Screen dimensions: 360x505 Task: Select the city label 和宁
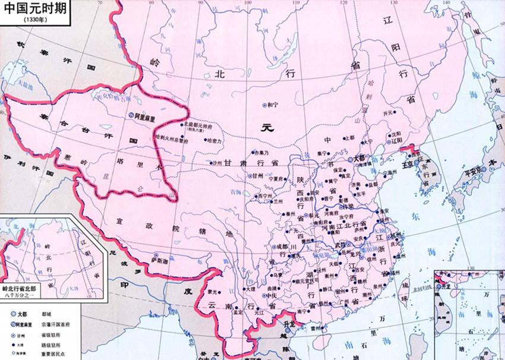tap(273, 105)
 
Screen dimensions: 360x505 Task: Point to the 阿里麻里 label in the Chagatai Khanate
tap(143, 118)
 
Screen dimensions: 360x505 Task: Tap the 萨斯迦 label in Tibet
tap(160, 260)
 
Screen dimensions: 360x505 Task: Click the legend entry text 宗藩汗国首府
tap(57, 324)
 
